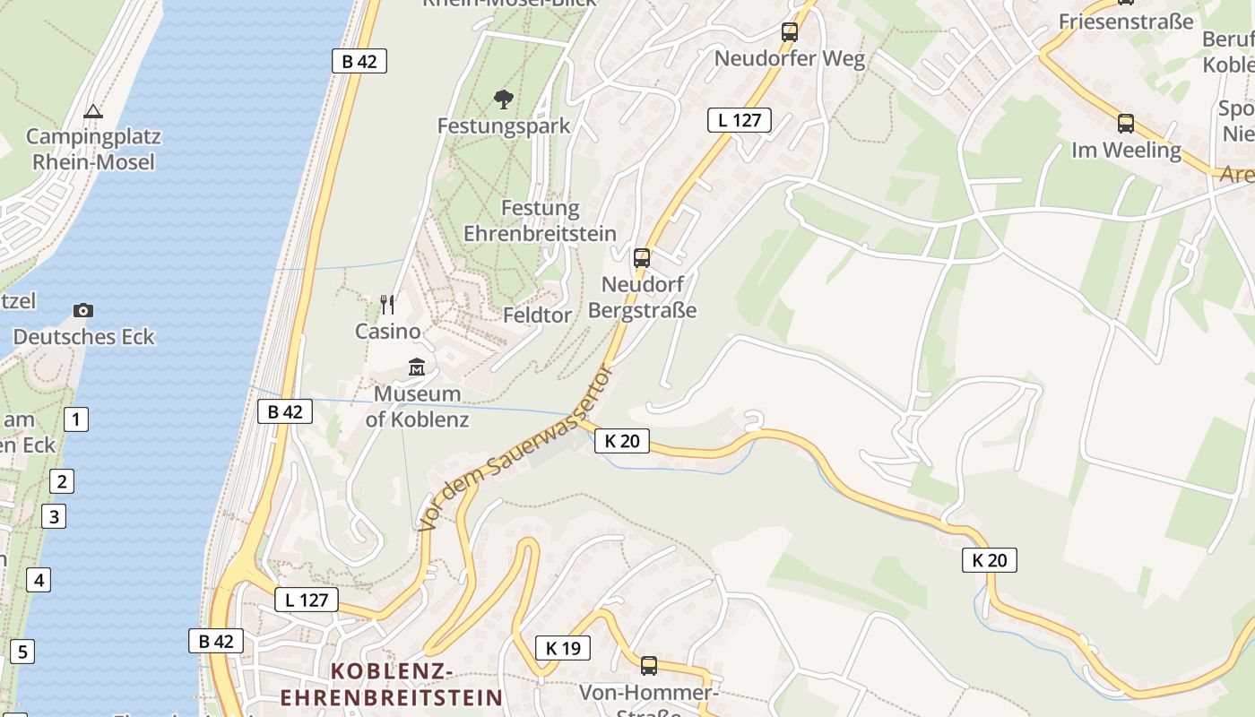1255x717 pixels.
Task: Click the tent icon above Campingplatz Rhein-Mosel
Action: (x=92, y=112)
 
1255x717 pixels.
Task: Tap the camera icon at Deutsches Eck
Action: (x=83, y=311)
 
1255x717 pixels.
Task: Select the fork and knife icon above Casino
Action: (x=387, y=305)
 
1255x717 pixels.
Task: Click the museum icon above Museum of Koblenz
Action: (x=417, y=367)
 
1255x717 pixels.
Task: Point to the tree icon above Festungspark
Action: (x=504, y=99)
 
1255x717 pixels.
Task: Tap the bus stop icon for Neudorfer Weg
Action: (x=789, y=32)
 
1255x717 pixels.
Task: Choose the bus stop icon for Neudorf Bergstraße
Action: (x=642, y=258)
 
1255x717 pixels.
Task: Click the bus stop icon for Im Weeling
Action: (x=1126, y=124)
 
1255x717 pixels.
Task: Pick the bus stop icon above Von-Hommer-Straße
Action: (x=649, y=666)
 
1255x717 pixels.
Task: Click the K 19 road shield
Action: (x=563, y=648)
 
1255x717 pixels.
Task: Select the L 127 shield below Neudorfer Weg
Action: (x=739, y=120)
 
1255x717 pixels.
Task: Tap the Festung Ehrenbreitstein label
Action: (x=540, y=220)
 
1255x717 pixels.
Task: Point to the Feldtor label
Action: (x=537, y=315)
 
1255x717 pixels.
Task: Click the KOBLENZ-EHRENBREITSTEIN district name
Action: (x=392, y=684)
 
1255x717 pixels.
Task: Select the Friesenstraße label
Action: (x=1126, y=22)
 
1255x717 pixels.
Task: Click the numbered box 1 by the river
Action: (x=76, y=419)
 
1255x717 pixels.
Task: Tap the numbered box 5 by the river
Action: (x=22, y=652)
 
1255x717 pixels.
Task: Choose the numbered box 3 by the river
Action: (x=54, y=516)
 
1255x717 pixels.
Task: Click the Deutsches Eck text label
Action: (x=83, y=337)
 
